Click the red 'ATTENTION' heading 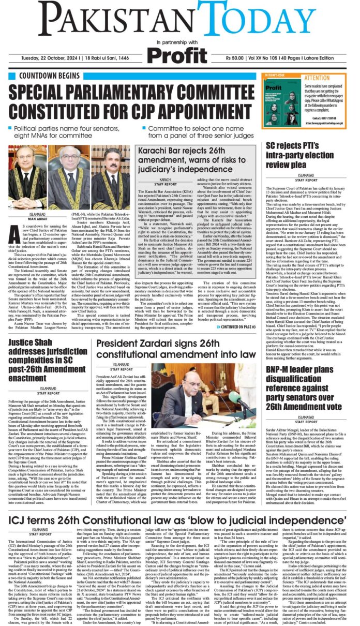[332, 78]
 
